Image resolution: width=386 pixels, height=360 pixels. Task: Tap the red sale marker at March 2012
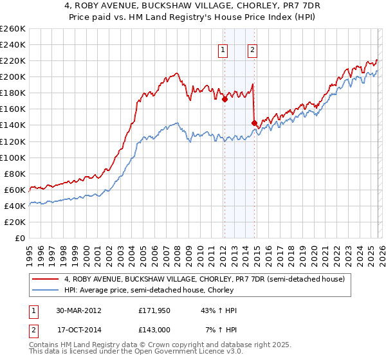225,100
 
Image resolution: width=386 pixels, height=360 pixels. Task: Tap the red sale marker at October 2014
254,122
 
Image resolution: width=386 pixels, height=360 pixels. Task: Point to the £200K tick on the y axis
13,76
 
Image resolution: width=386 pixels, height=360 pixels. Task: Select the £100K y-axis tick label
13,157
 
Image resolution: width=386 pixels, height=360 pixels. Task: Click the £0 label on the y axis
20,238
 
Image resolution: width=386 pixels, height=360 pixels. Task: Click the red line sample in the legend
46,279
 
